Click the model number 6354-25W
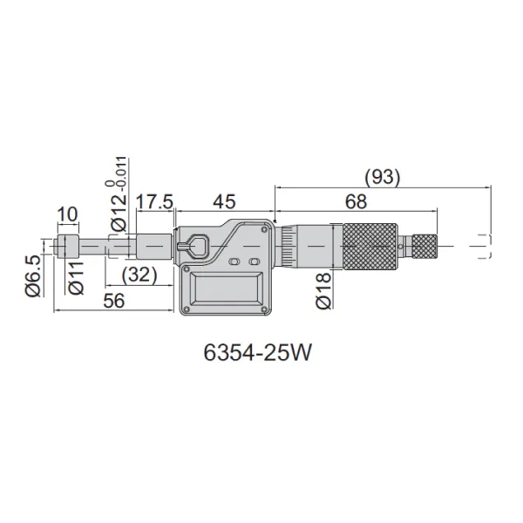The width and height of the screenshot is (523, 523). point(257,352)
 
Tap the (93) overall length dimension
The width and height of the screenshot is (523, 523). point(382,177)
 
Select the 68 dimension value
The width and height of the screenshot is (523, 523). point(356,201)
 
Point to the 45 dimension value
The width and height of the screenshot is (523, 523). point(225,201)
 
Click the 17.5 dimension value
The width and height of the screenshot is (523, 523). point(154,201)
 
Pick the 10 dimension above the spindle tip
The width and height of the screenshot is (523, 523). point(68,214)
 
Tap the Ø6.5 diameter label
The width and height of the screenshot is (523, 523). point(33,275)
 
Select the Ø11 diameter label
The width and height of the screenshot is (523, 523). point(76,278)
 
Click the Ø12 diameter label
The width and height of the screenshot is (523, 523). point(119,214)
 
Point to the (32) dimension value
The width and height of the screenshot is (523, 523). point(139,275)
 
